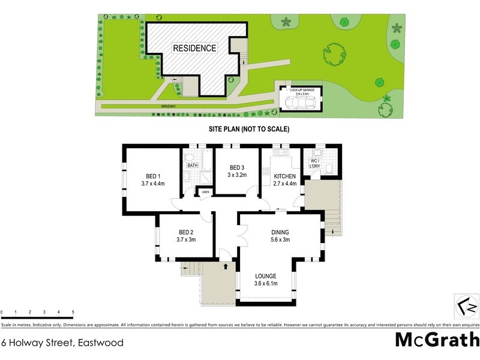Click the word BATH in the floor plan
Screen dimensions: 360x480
click(193, 165)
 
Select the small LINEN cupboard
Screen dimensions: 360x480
click(205, 192)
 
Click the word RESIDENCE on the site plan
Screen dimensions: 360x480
click(194, 48)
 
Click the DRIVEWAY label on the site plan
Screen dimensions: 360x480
click(168, 106)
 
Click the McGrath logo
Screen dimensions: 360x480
click(437, 340)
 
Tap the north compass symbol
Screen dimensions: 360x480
click(466, 305)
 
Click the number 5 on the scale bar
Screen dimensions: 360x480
click(73, 313)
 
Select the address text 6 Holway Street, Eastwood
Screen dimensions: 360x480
click(62, 343)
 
